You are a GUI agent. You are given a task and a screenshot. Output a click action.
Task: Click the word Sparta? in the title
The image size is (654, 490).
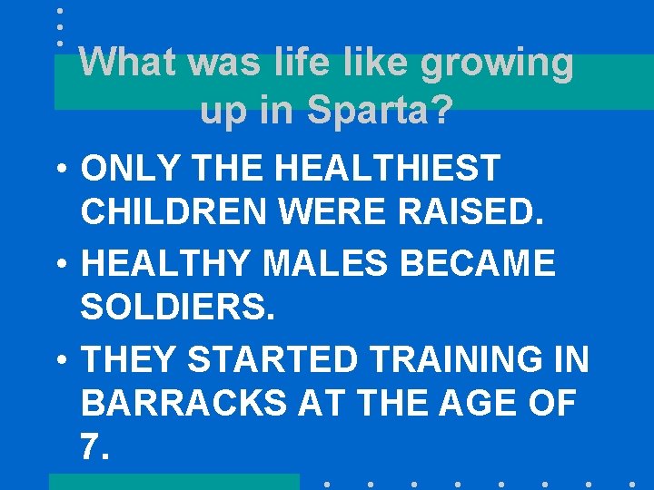(x=380, y=111)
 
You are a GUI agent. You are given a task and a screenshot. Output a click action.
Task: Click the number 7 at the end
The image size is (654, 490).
(x=90, y=446)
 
